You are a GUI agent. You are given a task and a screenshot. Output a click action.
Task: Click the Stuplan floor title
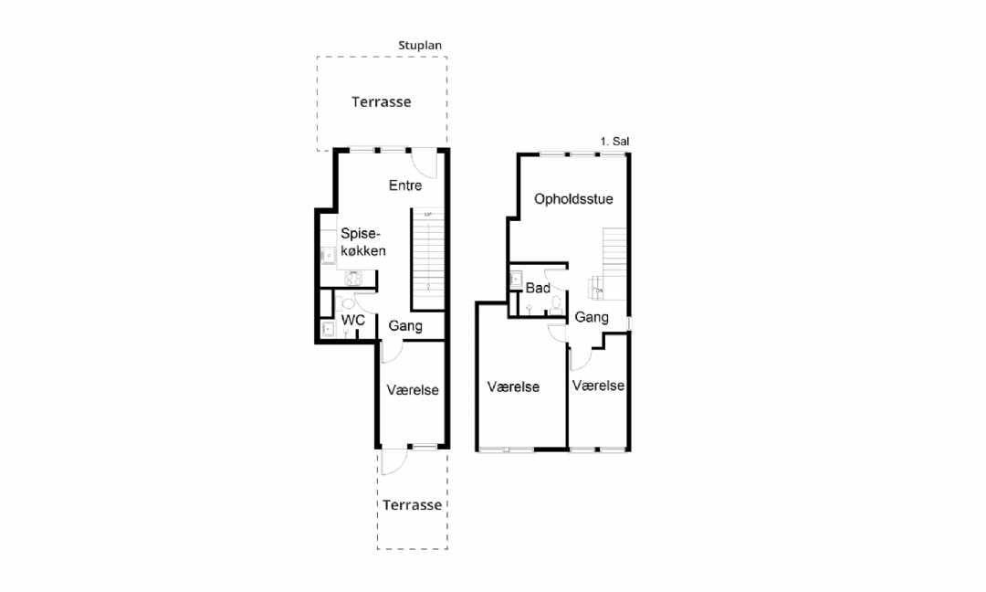click(x=419, y=46)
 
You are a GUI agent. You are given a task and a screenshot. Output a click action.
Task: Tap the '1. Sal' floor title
click(x=614, y=142)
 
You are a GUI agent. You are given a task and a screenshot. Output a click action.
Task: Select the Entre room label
click(x=405, y=185)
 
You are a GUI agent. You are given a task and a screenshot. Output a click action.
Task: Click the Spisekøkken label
click(x=362, y=242)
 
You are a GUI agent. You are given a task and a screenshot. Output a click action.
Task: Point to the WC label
click(x=352, y=321)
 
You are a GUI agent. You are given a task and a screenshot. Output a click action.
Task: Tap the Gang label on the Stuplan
click(x=405, y=326)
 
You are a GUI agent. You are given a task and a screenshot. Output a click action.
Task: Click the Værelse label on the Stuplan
click(x=413, y=390)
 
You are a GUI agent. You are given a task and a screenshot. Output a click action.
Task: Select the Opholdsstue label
click(x=573, y=199)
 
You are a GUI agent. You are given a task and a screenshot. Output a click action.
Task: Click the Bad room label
click(x=538, y=288)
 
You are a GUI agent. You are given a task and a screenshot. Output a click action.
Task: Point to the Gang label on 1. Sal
click(x=591, y=318)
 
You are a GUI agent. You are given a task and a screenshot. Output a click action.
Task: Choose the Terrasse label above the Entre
click(x=381, y=102)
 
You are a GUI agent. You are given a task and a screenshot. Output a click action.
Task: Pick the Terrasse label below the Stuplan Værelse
click(x=412, y=505)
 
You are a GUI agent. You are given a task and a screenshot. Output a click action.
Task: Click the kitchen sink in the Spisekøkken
click(x=329, y=256)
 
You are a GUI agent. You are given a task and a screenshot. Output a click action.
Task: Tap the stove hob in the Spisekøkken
click(x=353, y=278)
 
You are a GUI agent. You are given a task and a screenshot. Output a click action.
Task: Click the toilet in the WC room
click(x=348, y=304)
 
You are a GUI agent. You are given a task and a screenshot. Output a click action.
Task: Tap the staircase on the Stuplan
click(x=428, y=259)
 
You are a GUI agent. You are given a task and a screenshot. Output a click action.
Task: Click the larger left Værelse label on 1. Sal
click(x=513, y=387)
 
